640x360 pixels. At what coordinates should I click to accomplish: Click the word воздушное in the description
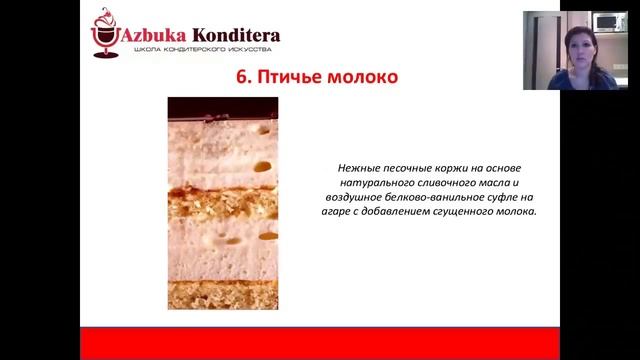click(345, 197)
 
